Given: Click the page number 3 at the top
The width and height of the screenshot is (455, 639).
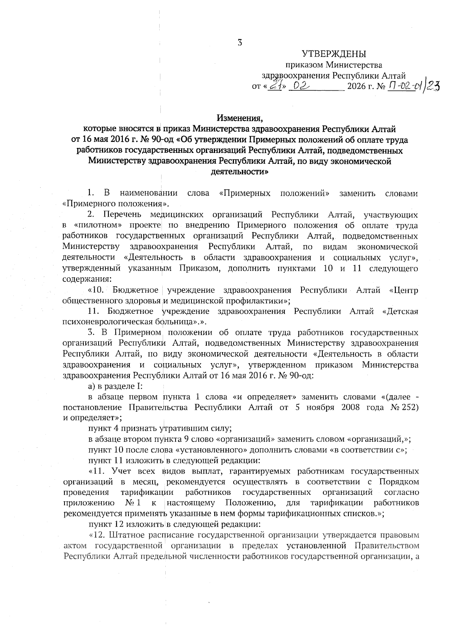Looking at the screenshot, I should (240, 43).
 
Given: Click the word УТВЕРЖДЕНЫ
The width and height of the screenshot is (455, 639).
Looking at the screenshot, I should (334, 54).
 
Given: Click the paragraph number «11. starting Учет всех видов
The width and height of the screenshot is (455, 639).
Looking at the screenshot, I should (97, 471).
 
